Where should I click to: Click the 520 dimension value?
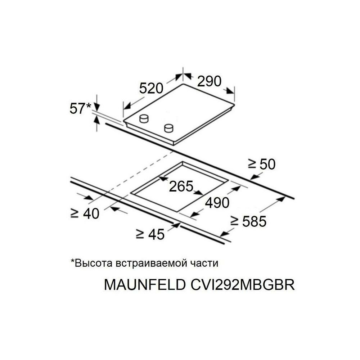[151, 88]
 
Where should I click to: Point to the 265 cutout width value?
[181, 186]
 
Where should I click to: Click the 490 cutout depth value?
[217, 203]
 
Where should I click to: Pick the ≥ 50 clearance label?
[262, 164]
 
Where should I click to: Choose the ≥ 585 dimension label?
[248, 221]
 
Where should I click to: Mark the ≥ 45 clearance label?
[150, 234]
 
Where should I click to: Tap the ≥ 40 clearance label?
[85, 213]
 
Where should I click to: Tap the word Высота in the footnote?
[94, 263]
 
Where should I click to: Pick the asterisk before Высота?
[73, 261]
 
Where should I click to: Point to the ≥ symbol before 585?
[234, 221]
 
